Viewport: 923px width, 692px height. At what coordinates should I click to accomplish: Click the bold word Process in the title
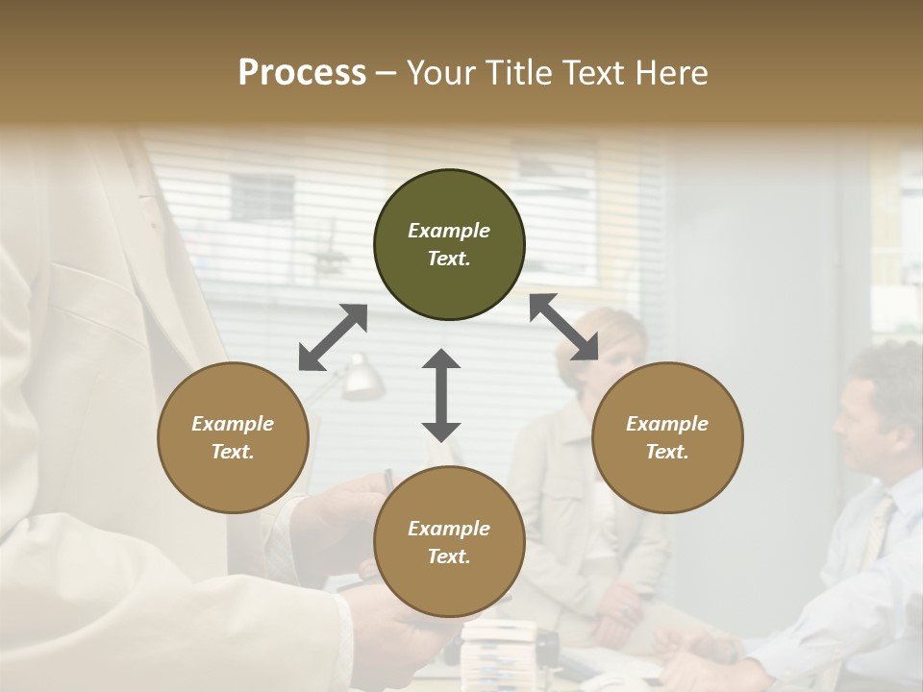302,73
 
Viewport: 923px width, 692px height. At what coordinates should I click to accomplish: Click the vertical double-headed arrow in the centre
441,395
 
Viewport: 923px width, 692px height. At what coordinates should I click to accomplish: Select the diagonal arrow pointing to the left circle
333,337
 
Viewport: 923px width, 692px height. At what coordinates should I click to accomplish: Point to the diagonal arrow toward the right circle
563,327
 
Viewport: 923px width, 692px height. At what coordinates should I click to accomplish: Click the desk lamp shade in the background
362,379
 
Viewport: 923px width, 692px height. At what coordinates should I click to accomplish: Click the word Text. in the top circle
448,259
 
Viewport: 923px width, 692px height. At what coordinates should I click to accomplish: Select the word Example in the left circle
233,424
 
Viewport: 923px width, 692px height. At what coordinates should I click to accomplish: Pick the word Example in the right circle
667,424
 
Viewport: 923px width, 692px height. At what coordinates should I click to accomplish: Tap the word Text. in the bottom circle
448,556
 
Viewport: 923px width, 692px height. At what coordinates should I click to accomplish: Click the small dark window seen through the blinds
262,197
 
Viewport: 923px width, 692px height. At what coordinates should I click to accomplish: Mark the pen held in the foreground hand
388,480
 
